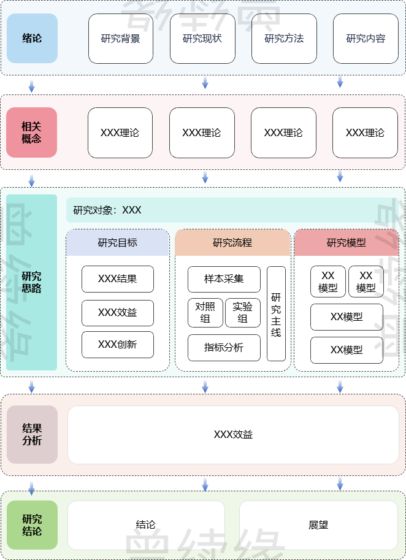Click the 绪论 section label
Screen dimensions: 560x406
(x=32, y=39)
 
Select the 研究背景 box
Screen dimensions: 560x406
(x=120, y=39)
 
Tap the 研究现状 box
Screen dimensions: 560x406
(x=202, y=39)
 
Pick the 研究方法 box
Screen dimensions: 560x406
(x=284, y=39)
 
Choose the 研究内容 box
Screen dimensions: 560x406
(x=366, y=39)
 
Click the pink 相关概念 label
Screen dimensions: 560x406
(x=32, y=132)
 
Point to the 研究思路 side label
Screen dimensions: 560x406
(x=32, y=282)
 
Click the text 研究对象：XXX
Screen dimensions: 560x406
(x=107, y=210)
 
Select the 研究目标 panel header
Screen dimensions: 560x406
(x=117, y=242)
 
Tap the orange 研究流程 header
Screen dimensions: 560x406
(x=232, y=242)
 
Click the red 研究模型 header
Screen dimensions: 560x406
(x=347, y=242)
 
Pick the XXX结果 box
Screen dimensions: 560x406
(x=117, y=279)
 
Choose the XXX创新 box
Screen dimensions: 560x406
(x=117, y=345)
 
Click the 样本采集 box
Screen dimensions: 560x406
(x=224, y=279)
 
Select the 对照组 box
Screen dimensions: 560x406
(x=205, y=313)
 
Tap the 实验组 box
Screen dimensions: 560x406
(x=243, y=313)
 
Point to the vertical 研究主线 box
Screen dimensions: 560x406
(x=276, y=313)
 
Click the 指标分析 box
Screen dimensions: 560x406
(x=224, y=348)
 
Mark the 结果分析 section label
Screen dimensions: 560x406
(x=32, y=434)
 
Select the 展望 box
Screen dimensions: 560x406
(x=318, y=525)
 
